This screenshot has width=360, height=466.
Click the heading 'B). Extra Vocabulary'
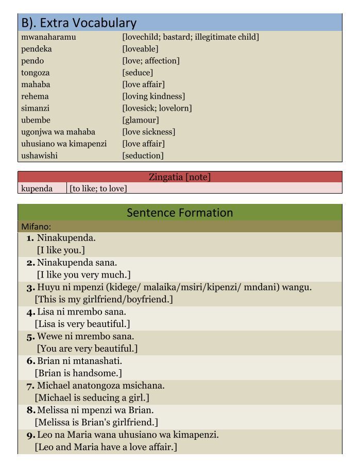click(79, 23)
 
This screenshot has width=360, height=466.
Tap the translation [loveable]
click(140, 49)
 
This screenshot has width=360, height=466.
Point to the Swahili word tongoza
click(36, 73)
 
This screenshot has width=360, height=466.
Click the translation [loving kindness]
click(153, 96)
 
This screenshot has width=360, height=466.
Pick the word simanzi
click(36, 108)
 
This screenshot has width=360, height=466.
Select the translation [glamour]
click(141, 120)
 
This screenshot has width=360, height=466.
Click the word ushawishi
click(40, 156)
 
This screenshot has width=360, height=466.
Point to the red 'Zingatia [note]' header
click(180, 177)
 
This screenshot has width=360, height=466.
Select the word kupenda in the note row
click(37, 188)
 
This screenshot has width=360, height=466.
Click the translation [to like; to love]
click(98, 188)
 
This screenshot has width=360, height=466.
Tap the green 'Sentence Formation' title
click(180, 213)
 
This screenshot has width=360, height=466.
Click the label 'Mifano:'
click(36, 227)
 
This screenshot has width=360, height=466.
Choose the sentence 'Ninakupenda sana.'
click(77, 263)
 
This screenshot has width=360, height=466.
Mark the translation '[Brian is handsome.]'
click(78, 373)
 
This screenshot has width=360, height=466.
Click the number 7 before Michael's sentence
click(30, 386)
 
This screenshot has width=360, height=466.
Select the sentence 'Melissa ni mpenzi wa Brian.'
click(95, 410)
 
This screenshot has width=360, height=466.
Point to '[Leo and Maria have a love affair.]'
click(106, 447)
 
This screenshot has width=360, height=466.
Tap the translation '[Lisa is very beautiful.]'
click(82, 324)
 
